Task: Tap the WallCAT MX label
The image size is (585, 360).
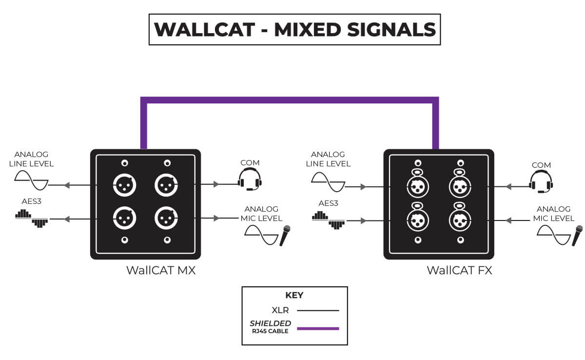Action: pos(161,270)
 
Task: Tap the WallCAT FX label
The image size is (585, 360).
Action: pos(459,270)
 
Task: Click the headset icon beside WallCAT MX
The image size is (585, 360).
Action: pos(250,179)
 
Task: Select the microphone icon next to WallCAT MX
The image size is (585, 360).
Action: pos(285,236)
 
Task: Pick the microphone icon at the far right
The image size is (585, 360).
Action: pos(578,236)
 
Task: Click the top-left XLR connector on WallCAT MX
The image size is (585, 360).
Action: pos(124,185)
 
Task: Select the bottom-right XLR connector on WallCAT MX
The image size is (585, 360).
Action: pos(167,219)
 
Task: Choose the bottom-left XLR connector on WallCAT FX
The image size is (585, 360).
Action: pos(418,220)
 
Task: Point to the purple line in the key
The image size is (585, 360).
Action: pos(318,328)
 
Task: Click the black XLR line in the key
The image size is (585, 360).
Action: pos(318,310)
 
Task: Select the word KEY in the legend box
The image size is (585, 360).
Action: pos(294,295)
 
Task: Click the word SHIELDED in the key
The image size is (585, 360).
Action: pos(271,323)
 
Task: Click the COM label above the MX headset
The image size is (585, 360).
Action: pos(250,162)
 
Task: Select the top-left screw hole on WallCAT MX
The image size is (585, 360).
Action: pos(125,163)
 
